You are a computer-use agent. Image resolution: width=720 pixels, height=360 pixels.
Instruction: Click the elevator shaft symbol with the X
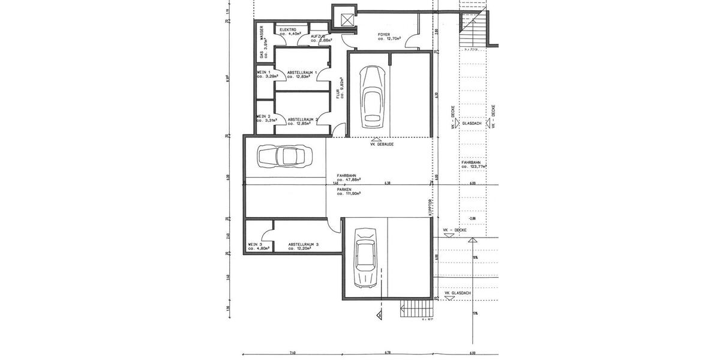pyautogui.click(x=346, y=20)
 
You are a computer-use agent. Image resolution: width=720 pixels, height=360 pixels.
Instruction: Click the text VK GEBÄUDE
pyautogui.click(x=382, y=144)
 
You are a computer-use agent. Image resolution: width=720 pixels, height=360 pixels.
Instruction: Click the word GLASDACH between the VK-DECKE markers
pyautogui.click(x=472, y=124)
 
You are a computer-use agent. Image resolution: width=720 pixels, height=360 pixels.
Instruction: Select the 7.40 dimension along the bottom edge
pyautogui.click(x=292, y=353)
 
